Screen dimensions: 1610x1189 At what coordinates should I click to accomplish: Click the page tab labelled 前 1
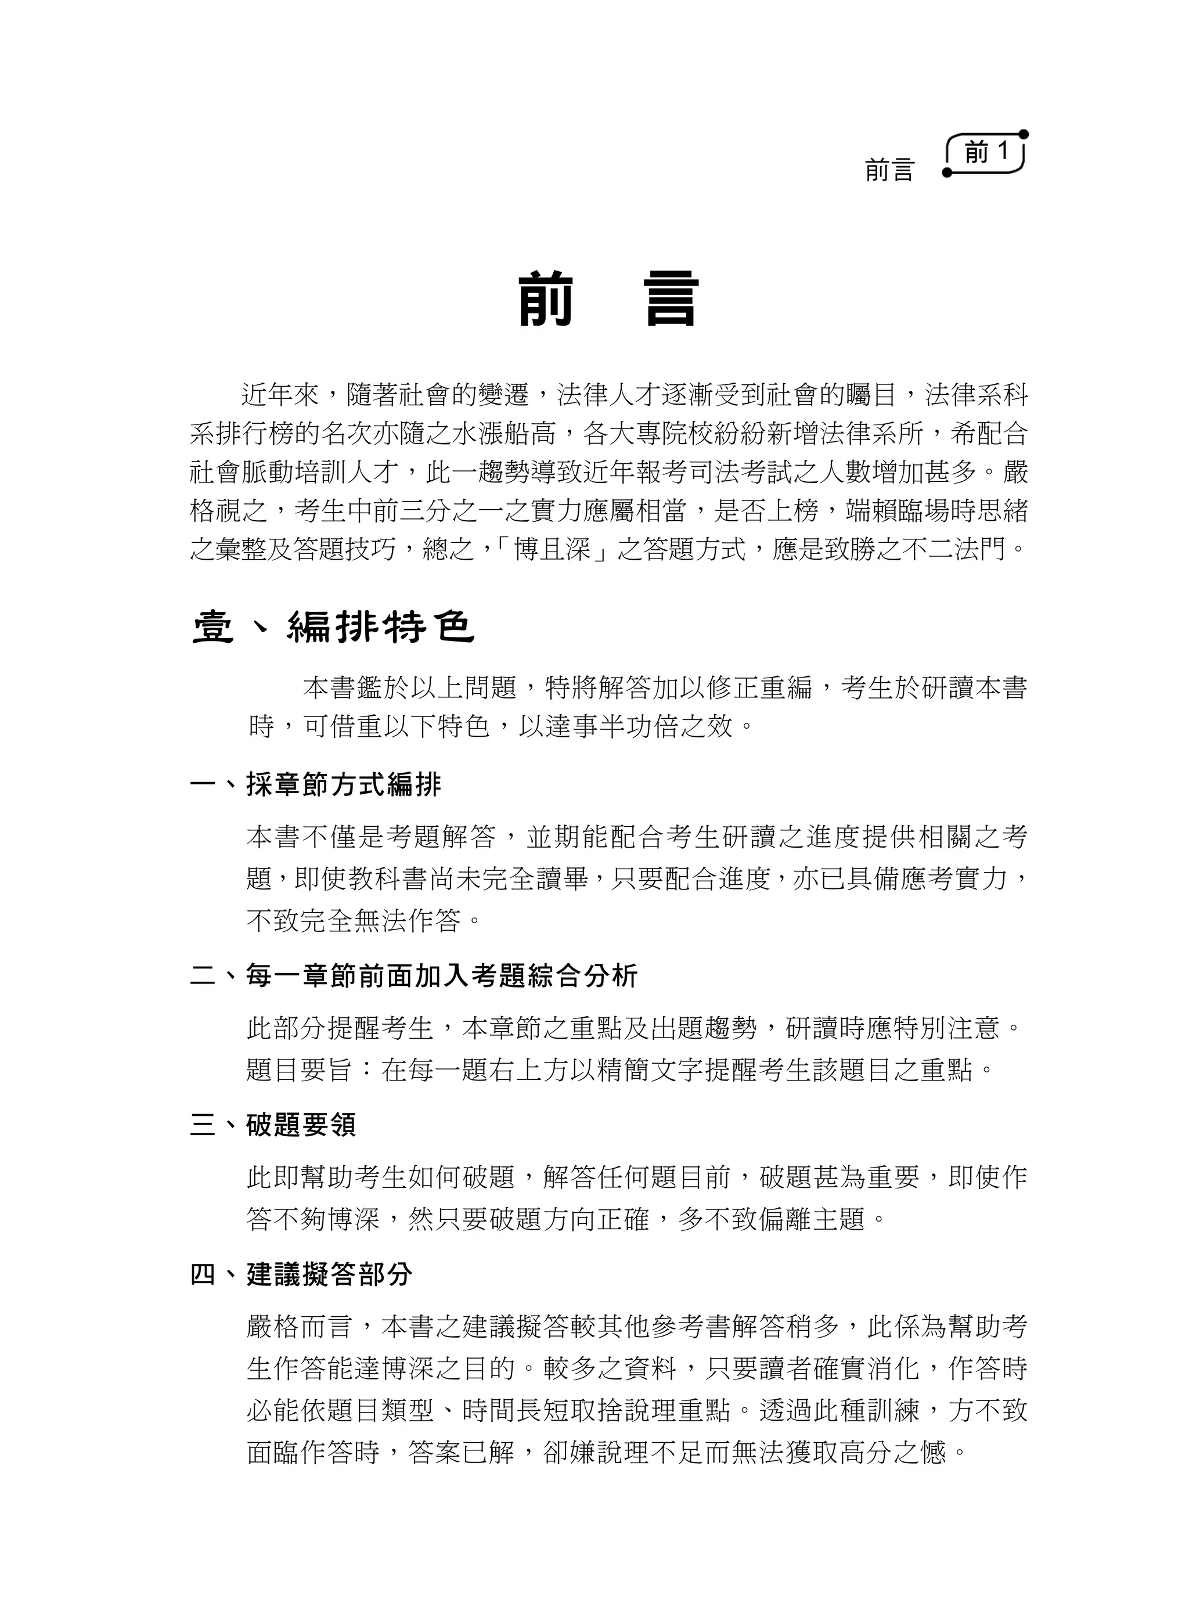pyautogui.click(x=986, y=153)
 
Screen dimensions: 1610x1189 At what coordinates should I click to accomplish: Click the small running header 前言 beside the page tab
pyautogui.click(x=889, y=171)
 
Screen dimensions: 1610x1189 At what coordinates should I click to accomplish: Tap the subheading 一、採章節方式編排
pyautogui.click(x=316, y=784)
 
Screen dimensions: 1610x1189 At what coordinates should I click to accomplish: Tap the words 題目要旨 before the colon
pyautogui.click(x=298, y=1070)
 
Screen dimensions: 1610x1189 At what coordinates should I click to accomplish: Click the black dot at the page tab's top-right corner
pyautogui.click(x=1024, y=135)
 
